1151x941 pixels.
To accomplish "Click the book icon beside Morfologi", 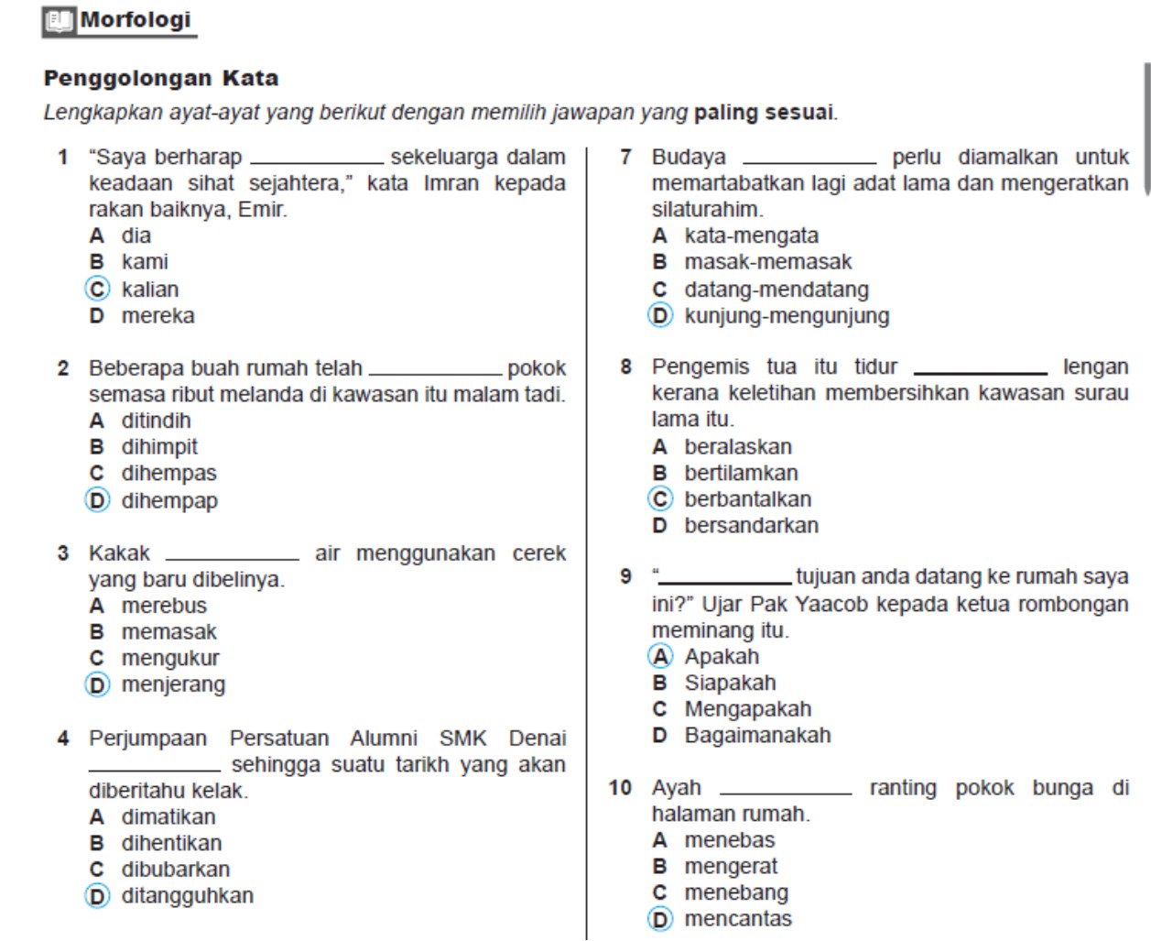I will [x=60, y=21].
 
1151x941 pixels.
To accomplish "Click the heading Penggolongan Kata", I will [x=161, y=78].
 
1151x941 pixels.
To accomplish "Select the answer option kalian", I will [x=150, y=290].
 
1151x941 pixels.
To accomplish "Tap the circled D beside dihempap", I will [x=97, y=500].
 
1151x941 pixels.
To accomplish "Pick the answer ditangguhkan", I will [x=187, y=895].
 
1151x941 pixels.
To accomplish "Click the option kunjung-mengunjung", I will [x=787, y=316].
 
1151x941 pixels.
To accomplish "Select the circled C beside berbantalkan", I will [x=660, y=499].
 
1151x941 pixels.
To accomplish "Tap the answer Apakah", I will [x=722, y=656].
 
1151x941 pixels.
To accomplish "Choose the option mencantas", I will [x=738, y=918].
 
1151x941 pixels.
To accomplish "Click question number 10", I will [x=620, y=788].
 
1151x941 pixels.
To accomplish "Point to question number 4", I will [x=62, y=739].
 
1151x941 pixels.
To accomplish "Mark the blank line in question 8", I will [x=981, y=371].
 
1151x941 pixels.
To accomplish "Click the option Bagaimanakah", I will [x=757, y=735].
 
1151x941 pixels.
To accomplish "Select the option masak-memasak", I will [x=767, y=262].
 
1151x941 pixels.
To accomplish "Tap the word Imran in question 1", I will [x=451, y=183].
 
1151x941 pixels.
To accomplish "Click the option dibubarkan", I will [x=175, y=869].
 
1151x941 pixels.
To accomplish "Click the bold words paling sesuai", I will [x=765, y=114].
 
